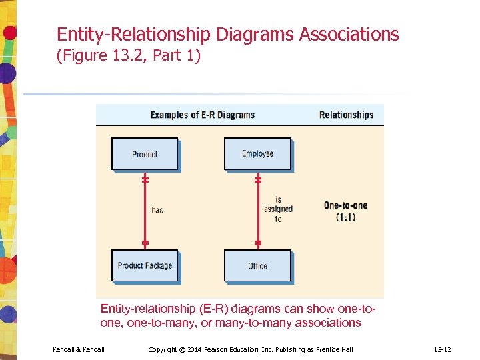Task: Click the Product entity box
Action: (145, 154)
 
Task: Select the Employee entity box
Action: (257, 154)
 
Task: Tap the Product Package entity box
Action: (145, 265)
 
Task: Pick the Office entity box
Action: (257, 265)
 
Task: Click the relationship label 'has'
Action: (157, 210)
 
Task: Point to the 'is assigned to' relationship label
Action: (278, 209)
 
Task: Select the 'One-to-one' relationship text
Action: (345, 205)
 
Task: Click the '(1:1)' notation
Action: (345, 217)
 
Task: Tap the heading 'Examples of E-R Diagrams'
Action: (203, 115)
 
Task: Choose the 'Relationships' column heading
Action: (346, 115)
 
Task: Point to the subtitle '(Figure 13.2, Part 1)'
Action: (129, 56)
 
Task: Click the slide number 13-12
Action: (443, 349)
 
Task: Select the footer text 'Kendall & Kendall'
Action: (79, 349)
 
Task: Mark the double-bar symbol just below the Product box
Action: (145, 179)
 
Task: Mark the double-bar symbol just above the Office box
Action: (258, 243)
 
